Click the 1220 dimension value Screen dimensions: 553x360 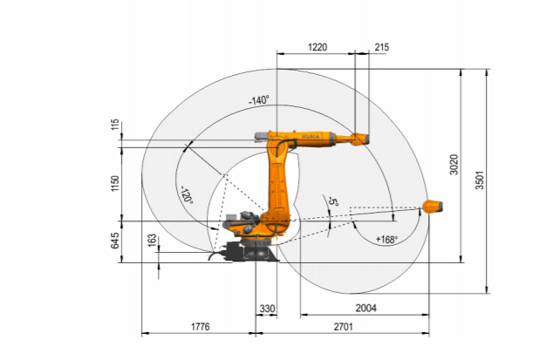(317, 47)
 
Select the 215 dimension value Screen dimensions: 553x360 (381, 47)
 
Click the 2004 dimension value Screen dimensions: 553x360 (365, 309)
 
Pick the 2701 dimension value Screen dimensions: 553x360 (343, 327)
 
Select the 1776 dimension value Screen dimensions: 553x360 (201, 327)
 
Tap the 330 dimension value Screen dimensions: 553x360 (267, 309)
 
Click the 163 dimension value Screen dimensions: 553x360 (152, 241)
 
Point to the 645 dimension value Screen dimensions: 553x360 (115, 241)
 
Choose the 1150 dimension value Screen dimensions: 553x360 (115, 183)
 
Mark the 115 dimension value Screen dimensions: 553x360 (115, 125)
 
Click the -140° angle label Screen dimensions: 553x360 (259, 100)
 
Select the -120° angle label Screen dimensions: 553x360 (187, 195)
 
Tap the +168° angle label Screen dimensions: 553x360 (386, 240)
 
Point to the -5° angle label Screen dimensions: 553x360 (333, 201)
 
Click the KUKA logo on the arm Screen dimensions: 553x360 (311, 137)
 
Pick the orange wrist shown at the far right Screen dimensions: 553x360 (433, 207)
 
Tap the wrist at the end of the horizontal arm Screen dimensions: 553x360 (359, 139)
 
